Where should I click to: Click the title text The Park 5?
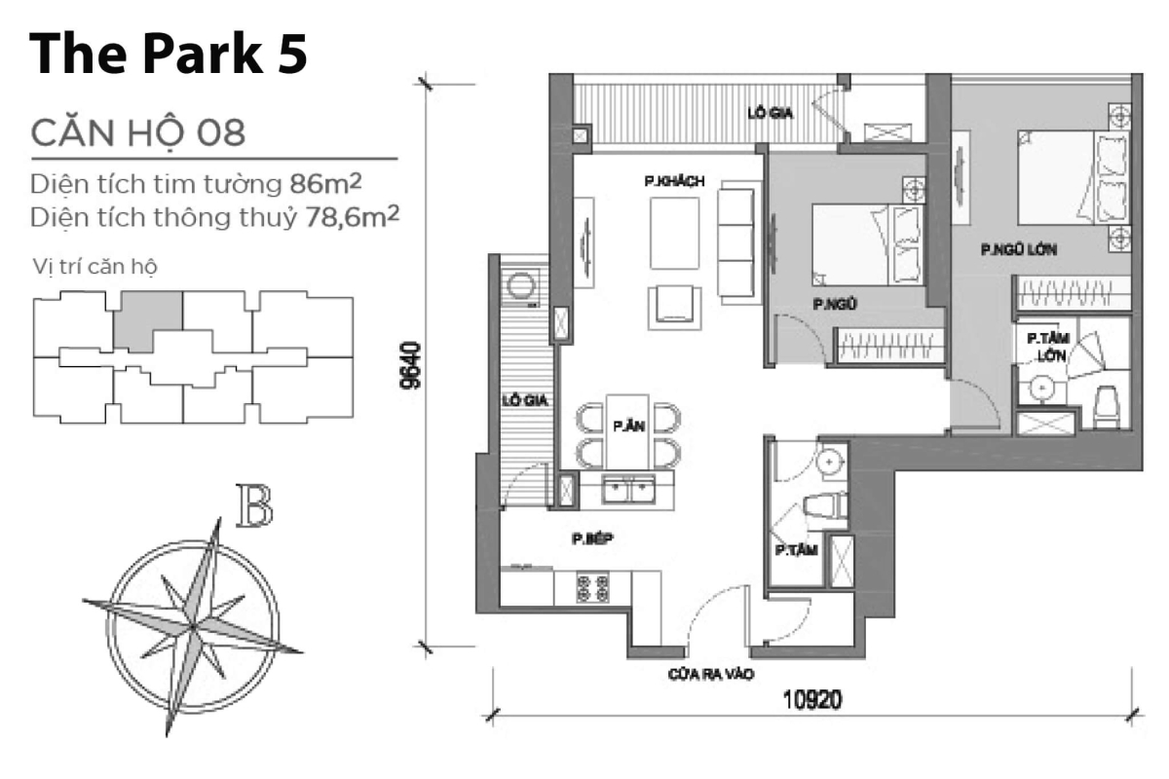(x=168, y=55)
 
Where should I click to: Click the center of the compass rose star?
(x=194, y=624)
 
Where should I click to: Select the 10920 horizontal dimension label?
(x=809, y=699)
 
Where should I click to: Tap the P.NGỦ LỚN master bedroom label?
(x=1019, y=249)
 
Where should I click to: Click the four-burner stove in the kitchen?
(x=592, y=587)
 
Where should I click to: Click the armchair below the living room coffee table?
(x=674, y=304)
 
